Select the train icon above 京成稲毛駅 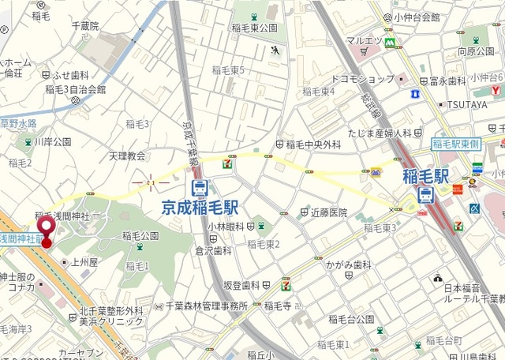(x=200, y=188)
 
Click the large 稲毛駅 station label (x=425, y=175)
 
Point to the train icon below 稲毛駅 (x=425, y=195)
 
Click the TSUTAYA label (x=468, y=104)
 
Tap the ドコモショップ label (x=362, y=79)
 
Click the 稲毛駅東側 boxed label (x=456, y=144)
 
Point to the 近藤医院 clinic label (x=328, y=212)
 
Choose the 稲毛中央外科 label (x=313, y=144)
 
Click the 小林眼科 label (x=226, y=226)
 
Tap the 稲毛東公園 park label (x=255, y=28)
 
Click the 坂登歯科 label (x=241, y=285)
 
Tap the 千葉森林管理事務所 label (x=206, y=306)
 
